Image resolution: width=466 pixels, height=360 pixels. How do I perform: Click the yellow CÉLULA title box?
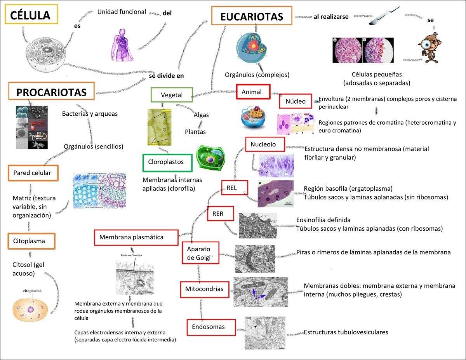click(x=31, y=15)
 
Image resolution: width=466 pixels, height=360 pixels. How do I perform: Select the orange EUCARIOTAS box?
click(x=252, y=16)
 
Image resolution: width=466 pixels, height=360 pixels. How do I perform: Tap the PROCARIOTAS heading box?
click(x=51, y=92)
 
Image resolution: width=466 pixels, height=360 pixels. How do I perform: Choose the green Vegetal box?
click(x=172, y=95)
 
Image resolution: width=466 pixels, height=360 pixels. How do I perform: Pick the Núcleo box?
click(x=296, y=101)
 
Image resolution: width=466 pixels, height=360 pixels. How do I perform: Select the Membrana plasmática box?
click(x=136, y=237)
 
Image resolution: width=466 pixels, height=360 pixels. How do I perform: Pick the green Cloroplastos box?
click(x=167, y=162)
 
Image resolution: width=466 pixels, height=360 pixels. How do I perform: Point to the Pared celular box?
click(x=33, y=173)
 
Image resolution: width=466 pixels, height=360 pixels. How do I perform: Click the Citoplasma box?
click(x=31, y=241)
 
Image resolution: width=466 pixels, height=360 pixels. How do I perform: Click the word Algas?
click(x=201, y=115)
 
